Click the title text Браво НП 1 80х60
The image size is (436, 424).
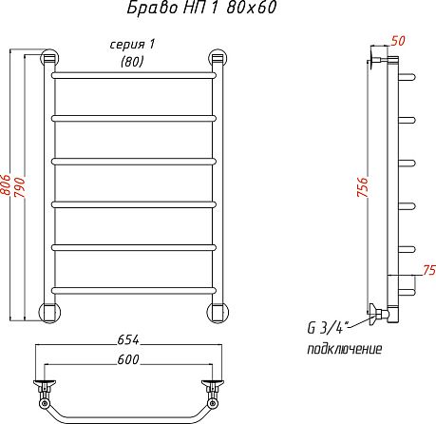click(201, 8)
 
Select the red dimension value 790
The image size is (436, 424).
click(20, 187)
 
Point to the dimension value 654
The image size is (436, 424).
click(128, 339)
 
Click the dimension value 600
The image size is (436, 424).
click(128, 359)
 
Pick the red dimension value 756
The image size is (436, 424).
click(363, 187)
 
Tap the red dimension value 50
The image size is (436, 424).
click(398, 41)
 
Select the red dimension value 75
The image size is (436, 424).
click(429, 270)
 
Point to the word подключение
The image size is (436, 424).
click(345, 349)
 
